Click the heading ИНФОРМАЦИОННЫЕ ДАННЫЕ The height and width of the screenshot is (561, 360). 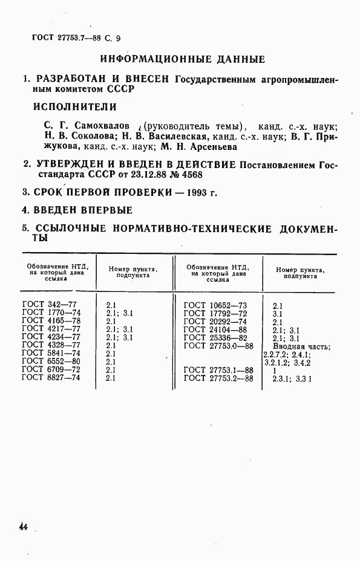[x=182, y=60]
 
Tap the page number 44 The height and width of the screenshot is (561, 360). [x=24, y=527]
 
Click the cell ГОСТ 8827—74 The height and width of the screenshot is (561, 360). [x=51, y=377]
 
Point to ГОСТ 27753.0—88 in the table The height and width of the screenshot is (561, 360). [x=218, y=346]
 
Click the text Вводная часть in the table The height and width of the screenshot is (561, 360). [x=301, y=346]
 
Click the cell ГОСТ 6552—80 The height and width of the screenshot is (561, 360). [x=51, y=362]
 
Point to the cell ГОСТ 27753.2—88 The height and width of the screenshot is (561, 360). [x=218, y=378]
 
